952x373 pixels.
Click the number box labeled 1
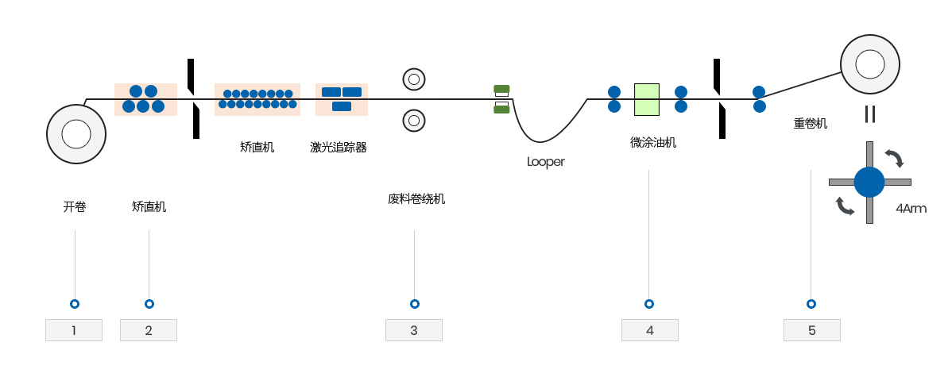74,330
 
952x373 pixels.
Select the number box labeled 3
414,330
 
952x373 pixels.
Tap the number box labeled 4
650,330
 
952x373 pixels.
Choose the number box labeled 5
811,330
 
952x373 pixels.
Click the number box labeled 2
149,330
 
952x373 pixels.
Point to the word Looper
545,162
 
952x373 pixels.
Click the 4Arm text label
911,210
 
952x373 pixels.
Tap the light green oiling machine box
648,99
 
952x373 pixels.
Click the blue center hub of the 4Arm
869,183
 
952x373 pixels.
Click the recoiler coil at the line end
870,65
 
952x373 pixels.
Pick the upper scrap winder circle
414,79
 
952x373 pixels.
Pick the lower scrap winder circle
414,120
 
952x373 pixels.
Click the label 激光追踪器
339,147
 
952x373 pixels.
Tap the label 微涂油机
653,143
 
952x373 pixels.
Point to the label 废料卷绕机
416,199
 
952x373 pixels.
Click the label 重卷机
811,124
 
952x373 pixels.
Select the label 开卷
75,207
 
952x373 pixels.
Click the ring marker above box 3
414,304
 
